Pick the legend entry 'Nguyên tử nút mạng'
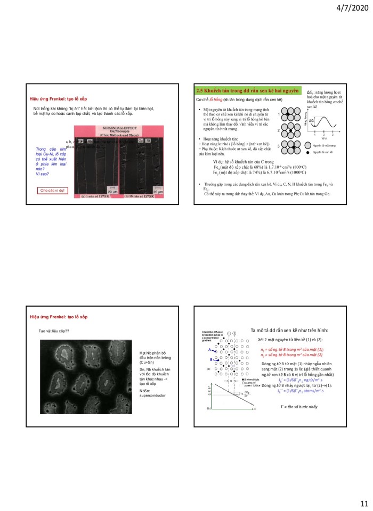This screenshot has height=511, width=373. [x=325, y=145]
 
